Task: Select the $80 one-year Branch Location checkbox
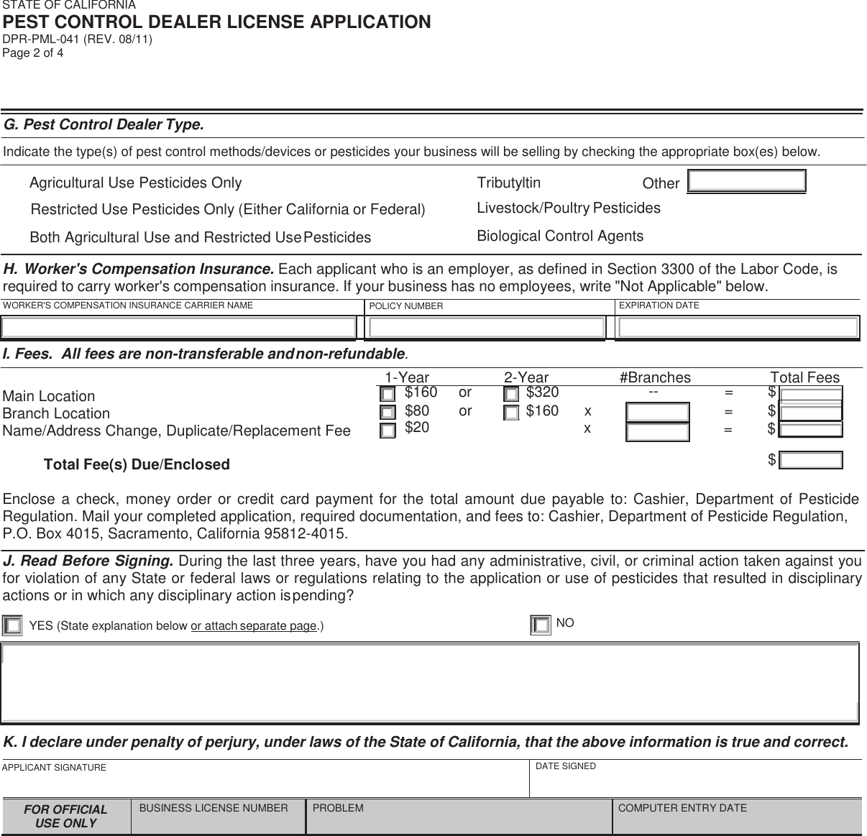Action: coord(387,413)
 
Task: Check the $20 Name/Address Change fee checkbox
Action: coord(387,431)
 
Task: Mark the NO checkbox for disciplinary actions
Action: coord(541,625)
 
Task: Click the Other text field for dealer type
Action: coord(746,181)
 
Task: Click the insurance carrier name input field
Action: coord(178,328)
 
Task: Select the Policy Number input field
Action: coord(485,328)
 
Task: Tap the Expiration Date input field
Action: coord(738,328)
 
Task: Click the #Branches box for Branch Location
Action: coord(657,413)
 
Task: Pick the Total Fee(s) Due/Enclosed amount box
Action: coord(811,460)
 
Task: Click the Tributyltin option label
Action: coord(509,183)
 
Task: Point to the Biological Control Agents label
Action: coord(560,236)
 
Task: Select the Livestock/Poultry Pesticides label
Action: coord(569,208)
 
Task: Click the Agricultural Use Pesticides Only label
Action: coord(135,183)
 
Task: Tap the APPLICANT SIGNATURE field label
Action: coord(54,768)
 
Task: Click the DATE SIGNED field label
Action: coord(566,766)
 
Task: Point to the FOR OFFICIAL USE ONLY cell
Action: coord(65,817)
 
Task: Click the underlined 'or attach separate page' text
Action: coord(254,626)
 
